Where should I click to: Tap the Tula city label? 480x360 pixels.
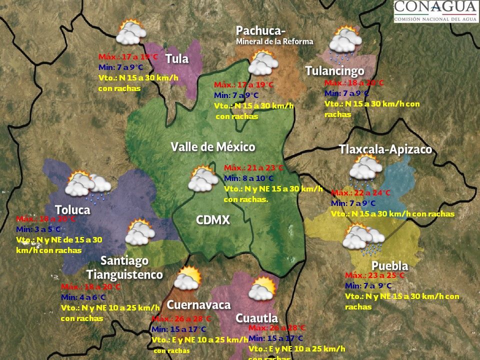coord(177,59)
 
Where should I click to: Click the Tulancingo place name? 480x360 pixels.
coord(334,71)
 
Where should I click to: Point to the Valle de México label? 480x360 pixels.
coord(213,147)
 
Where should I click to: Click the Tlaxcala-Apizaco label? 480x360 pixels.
coord(385,149)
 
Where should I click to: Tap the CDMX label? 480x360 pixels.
coord(212,220)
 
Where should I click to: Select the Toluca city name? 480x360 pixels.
coord(72,209)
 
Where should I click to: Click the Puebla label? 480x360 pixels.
coord(389,265)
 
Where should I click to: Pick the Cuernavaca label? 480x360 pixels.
coord(198,305)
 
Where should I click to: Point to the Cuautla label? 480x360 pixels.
coord(256,318)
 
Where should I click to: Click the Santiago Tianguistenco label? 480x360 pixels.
coord(124,267)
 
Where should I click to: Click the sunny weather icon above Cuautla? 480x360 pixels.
coord(262,288)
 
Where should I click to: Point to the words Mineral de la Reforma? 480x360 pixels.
coord(274,41)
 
